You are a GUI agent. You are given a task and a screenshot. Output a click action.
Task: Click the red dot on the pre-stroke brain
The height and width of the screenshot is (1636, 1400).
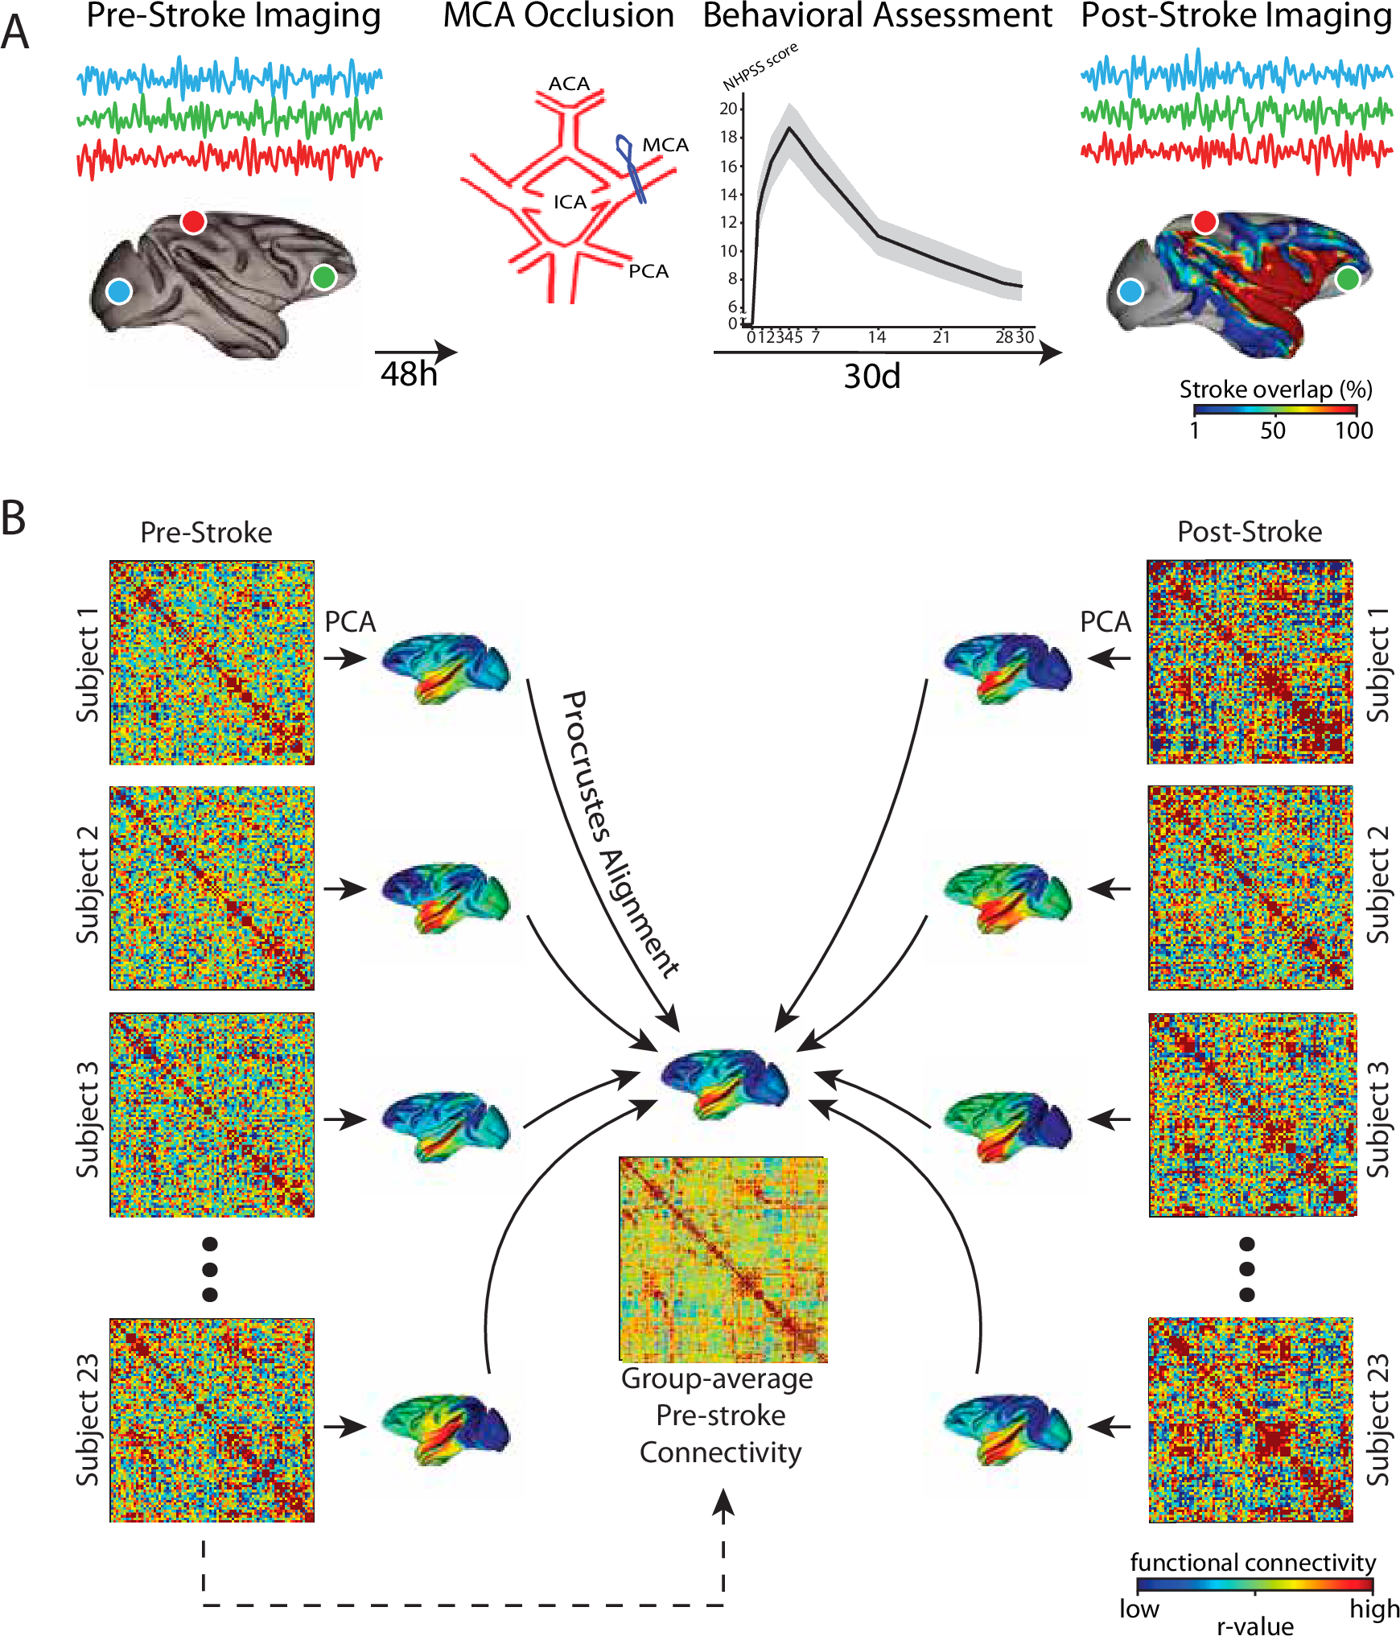(193, 221)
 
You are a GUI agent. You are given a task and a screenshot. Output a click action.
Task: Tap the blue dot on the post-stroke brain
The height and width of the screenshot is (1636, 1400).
(1130, 291)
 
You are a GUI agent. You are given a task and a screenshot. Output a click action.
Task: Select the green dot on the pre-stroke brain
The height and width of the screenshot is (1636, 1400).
(323, 278)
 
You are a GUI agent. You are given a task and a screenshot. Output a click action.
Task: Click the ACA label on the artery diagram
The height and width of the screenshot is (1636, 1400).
(569, 84)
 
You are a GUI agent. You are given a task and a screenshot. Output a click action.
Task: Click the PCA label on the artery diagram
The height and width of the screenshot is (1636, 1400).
(649, 271)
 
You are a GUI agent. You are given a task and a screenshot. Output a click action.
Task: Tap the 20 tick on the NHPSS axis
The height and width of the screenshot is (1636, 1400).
(729, 109)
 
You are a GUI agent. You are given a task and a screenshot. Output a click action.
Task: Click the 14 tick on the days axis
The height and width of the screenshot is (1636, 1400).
(876, 337)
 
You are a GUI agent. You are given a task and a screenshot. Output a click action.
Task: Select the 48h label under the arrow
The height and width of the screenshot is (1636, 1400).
(409, 374)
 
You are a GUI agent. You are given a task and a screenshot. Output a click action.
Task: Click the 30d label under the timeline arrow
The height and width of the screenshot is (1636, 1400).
(871, 376)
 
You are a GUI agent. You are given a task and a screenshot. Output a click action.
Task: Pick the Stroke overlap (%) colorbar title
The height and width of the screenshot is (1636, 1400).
(1275, 389)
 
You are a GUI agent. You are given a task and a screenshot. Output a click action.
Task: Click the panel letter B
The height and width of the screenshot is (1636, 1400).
(14, 519)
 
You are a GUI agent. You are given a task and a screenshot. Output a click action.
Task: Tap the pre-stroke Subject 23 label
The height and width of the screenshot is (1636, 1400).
(88, 1420)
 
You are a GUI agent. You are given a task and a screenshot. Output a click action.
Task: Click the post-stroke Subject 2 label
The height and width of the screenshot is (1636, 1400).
(1378, 885)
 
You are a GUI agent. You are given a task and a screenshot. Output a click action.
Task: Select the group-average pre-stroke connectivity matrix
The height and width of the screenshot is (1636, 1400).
(723, 1259)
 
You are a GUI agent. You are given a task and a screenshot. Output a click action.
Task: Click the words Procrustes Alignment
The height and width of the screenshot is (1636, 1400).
(620, 833)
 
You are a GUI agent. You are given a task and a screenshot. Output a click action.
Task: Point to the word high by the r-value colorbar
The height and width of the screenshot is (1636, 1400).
(1374, 1609)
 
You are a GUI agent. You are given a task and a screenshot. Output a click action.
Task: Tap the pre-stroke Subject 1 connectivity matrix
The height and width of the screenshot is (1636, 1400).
(212, 662)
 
